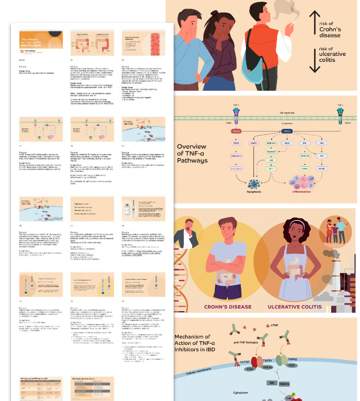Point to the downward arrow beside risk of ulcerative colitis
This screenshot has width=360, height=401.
314,59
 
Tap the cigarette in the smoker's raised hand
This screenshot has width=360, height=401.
290,23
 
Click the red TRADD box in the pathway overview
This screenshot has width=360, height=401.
236,131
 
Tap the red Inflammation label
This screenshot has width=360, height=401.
301,192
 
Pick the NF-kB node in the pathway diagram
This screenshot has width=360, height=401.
322,169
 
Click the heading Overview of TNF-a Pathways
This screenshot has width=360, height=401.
192,153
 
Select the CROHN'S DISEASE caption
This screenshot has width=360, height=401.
227,307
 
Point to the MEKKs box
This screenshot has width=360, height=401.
285,384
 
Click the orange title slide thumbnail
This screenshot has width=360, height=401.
41,43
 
